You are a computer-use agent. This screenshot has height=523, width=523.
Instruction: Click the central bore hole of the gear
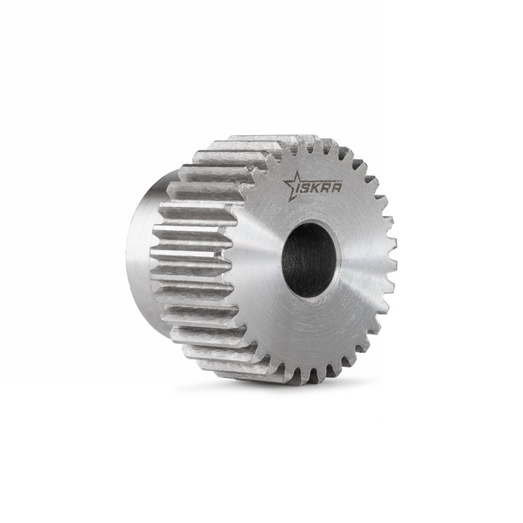[x=309, y=261]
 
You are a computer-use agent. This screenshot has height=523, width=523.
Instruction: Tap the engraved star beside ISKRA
[x=291, y=185]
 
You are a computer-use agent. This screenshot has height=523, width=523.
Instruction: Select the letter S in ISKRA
[x=307, y=189]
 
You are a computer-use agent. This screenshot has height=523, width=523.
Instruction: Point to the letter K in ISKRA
[x=316, y=188]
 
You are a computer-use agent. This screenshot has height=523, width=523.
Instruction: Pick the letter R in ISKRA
[x=326, y=188]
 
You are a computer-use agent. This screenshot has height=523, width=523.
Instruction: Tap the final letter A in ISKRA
[x=336, y=188]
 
